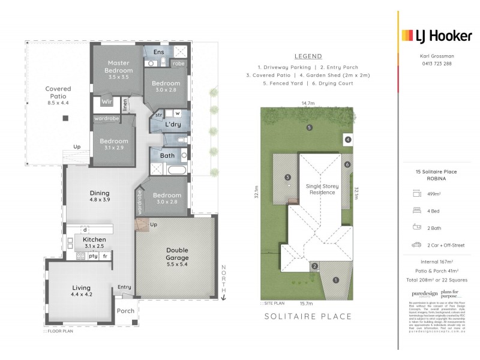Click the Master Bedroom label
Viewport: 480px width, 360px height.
[119, 67]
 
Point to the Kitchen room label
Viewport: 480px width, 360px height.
[94, 242]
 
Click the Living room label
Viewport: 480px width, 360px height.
[81, 291]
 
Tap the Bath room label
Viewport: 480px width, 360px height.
[167, 155]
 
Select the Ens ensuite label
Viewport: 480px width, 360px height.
[158, 52]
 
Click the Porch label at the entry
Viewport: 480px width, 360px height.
[125, 311]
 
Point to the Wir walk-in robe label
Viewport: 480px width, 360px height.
[107, 102]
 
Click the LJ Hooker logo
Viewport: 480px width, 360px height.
[436, 35]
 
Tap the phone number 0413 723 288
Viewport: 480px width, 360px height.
[436, 63]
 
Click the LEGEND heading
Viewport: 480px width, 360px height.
[308, 56]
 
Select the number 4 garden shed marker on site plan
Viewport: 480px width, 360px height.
[347, 140]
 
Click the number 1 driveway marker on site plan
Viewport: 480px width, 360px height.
[335, 279]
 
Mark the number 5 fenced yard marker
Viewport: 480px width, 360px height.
[309, 127]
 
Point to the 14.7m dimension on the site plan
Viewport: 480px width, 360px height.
[308, 104]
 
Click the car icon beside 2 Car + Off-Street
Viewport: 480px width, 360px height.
[416, 245]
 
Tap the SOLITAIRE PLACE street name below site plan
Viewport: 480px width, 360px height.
[308, 316]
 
